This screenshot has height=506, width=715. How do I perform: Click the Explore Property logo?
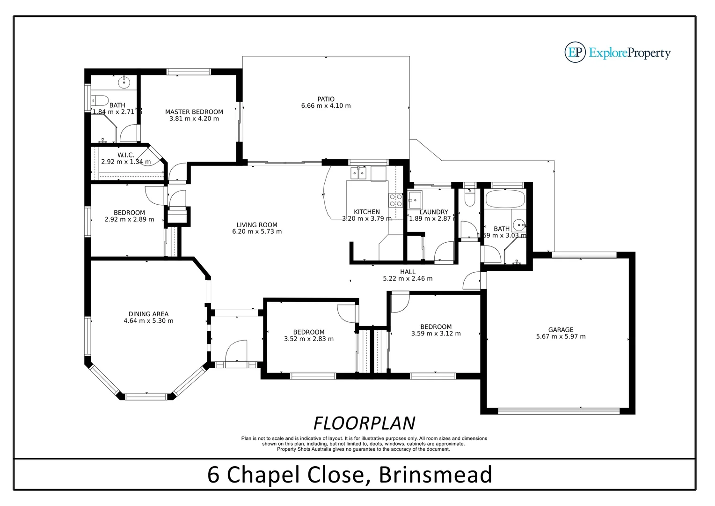point(618,52)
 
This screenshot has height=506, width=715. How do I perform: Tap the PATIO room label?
point(326,99)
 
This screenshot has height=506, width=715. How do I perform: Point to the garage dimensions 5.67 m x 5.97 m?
point(561,336)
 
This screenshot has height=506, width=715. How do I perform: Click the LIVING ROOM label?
point(257,225)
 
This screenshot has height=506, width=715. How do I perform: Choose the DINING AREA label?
point(148,314)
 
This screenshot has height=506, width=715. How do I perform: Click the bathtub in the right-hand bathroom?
point(505,200)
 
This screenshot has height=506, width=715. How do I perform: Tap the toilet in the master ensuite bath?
point(99,100)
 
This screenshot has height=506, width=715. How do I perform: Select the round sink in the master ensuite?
point(124,82)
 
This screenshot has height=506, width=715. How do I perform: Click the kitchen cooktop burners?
point(395,201)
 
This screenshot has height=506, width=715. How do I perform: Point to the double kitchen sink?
point(358,174)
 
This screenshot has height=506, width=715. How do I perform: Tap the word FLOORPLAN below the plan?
point(364,423)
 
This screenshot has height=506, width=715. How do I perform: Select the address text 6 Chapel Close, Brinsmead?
point(350,474)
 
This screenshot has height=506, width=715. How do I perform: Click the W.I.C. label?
point(126,155)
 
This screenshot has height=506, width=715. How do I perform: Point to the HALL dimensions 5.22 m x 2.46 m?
point(408,278)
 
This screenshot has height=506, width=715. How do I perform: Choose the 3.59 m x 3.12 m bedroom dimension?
point(436,334)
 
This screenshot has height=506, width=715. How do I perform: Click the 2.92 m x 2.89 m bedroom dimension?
point(129,219)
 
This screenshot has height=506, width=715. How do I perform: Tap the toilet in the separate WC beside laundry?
point(469,199)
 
